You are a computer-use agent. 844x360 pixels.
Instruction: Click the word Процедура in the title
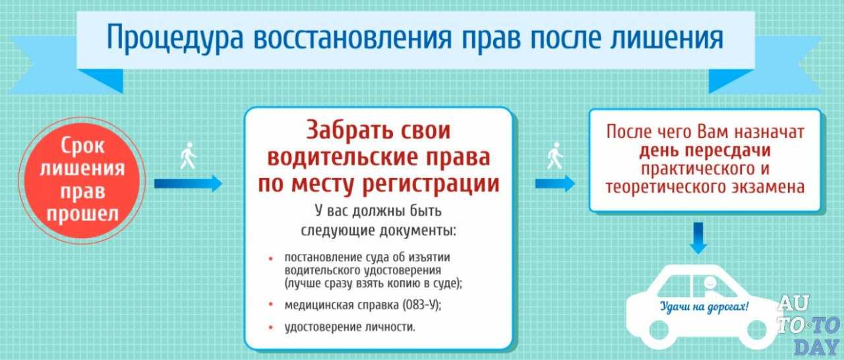click(175, 38)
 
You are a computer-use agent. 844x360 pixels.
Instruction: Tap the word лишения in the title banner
click(666, 37)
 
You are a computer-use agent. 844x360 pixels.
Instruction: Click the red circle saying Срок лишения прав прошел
click(82, 181)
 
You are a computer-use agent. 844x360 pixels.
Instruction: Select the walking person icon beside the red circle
click(188, 156)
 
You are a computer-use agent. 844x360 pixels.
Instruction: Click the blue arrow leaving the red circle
click(188, 183)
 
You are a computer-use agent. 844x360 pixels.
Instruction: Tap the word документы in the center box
click(417, 231)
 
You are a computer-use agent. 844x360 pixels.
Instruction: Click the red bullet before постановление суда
click(270, 258)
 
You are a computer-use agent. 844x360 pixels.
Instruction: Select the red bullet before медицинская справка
click(270, 304)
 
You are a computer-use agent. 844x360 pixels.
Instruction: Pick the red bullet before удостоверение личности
click(270, 327)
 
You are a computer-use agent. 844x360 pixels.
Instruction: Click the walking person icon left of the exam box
click(555, 156)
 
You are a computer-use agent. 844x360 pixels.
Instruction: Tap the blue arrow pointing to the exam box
click(555, 183)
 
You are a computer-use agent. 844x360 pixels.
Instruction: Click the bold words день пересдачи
click(705, 150)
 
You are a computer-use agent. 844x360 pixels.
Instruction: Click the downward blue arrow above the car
click(698, 238)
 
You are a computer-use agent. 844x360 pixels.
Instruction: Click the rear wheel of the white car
click(659, 330)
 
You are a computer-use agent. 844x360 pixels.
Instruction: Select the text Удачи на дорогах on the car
click(704, 307)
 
